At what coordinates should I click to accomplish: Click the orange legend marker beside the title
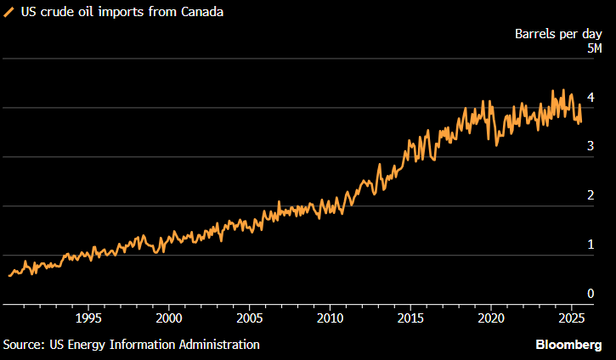click(9, 14)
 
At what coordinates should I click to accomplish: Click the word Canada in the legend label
click(203, 14)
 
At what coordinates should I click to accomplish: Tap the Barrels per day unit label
click(559, 34)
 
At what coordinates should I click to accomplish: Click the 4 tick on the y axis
click(590, 98)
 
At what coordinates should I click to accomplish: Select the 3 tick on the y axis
click(590, 147)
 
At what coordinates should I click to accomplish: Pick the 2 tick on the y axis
click(590, 196)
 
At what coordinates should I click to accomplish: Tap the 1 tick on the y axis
click(590, 245)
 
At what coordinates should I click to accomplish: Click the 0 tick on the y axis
click(590, 294)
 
